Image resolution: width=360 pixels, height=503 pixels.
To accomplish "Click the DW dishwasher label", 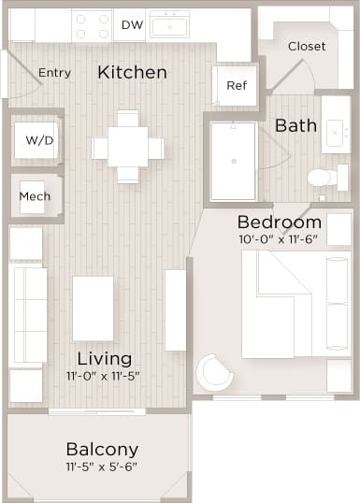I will click(x=132, y=24).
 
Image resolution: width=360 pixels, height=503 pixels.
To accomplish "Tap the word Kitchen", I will click(x=133, y=72).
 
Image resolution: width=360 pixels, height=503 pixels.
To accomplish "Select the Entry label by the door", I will click(x=54, y=73).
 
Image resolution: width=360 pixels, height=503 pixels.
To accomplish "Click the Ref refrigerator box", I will click(x=236, y=86).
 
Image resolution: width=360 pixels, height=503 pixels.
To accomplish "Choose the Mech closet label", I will click(x=35, y=196).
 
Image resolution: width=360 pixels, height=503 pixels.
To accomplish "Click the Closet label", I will click(x=306, y=46).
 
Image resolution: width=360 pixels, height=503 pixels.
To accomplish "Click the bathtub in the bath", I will click(x=232, y=160).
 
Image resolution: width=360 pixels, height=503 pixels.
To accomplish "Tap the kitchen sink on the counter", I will click(x=170, y=23).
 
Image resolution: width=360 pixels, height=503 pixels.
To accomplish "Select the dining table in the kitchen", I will click(x=128, y=148).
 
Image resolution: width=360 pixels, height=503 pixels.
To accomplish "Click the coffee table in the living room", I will click(x=93, y=308).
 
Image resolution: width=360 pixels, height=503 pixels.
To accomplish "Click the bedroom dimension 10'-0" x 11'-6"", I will click(x=279, y=239).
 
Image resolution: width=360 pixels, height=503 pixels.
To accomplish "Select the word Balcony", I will click(x=102, y=449).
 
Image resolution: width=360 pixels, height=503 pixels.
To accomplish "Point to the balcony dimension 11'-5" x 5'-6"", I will click(x=102, y=467).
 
